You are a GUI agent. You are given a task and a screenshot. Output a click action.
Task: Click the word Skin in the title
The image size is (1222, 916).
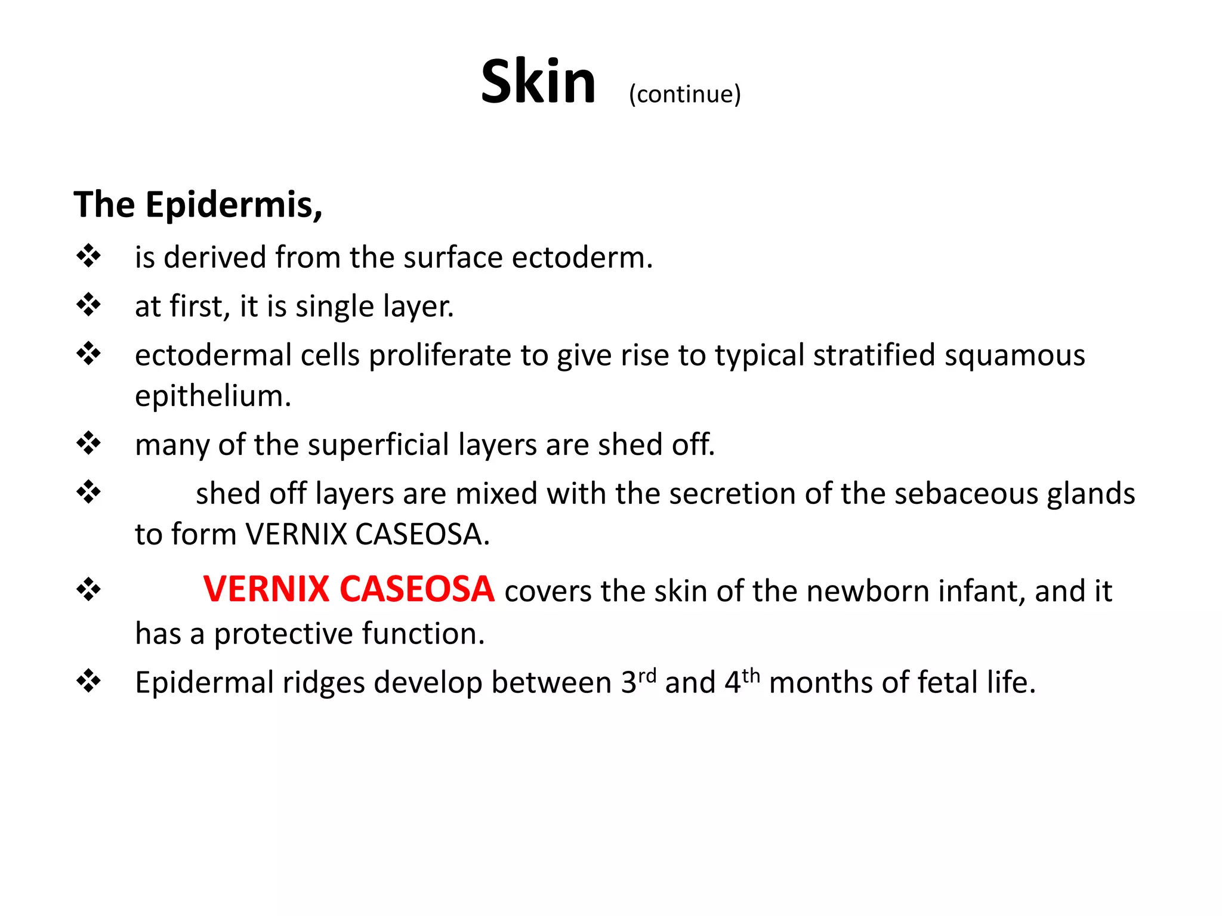[x=538, y=82]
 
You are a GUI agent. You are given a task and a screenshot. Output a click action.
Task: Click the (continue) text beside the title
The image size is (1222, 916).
[x=684, y=94]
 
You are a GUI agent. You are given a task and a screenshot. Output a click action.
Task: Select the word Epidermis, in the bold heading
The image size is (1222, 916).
[x=234, y=205]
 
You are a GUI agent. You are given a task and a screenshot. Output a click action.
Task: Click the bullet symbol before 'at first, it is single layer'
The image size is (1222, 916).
[x=88, y=305]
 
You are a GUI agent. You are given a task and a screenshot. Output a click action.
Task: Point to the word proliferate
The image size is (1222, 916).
[x=440, y=356]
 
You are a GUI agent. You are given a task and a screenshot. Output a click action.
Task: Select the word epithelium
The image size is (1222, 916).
[x=212, y=396]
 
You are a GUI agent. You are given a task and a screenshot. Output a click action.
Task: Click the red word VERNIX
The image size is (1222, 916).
[x=266, y=589]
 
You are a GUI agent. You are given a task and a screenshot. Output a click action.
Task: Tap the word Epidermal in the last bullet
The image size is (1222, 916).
[x=204, y=683]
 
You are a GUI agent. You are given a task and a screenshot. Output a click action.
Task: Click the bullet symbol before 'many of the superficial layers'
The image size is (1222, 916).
[x=88, y=444]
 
